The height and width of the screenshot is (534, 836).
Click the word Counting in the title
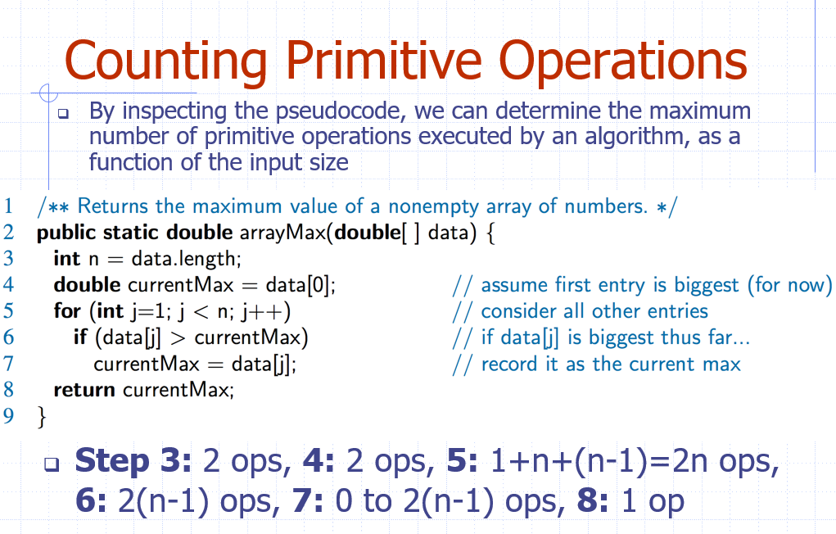[165, 62]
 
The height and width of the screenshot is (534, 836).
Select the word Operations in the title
[623, 62]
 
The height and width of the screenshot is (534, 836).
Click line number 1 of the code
[8, 206]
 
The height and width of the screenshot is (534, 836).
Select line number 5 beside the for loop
[8, 310]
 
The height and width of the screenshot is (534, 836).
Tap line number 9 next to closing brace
[8, 415]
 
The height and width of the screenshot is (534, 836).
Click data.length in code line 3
[186, 260]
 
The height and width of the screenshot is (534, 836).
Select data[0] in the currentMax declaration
[301, 285]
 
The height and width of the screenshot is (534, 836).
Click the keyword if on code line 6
[80, 337]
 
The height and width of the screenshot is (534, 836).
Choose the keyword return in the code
[84, 390]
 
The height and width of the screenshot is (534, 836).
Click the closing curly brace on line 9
[42, 416]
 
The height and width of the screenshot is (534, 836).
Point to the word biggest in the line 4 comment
[707, 286]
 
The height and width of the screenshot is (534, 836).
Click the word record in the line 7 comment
[509, 364]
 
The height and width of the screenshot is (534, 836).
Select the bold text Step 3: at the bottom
[133, 461]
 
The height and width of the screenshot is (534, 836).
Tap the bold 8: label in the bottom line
[592, 501]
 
